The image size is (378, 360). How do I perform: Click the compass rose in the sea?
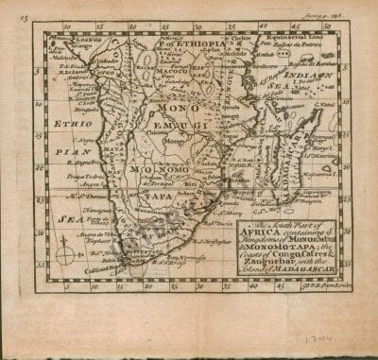tap(62, 254)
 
